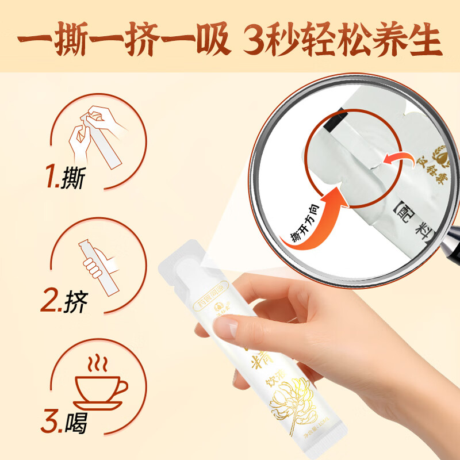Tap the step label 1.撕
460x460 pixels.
pos(64,178)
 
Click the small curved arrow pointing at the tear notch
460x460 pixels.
pos(397,159)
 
